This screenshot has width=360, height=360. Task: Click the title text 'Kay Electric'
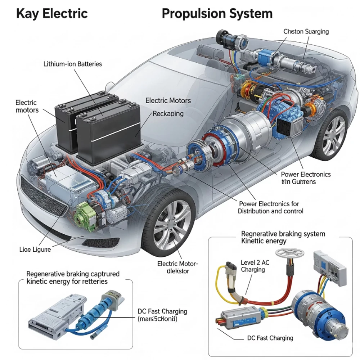point(52,14)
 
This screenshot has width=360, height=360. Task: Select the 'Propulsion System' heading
point(217,14)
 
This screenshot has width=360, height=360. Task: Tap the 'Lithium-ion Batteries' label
point(73,64)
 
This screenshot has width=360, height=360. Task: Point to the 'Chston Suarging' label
point(306,32)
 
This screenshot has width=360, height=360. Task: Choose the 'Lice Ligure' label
point(35,249)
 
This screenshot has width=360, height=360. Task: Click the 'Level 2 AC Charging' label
point(255,266)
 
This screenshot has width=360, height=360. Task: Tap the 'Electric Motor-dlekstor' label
point(178,267)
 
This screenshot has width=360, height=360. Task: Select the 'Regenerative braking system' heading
point(283,234)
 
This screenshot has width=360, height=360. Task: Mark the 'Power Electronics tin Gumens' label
point(306,178)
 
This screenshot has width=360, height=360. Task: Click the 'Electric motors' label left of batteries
point(27,107)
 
